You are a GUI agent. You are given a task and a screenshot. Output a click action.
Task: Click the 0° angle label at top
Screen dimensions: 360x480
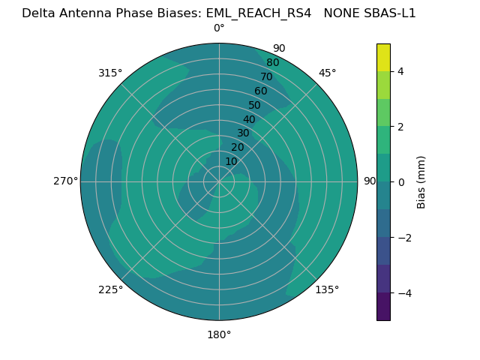pyautogui.click(x=219, y=28)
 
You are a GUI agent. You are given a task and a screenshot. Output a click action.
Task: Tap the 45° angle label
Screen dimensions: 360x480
pyautogui.click(x=327, y=73)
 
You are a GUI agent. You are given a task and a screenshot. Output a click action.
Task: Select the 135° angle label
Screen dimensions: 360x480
pyautogui.click(x=327, y=289)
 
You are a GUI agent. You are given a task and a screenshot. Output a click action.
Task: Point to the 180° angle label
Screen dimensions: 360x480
pyautogui.click(x=219, y=334)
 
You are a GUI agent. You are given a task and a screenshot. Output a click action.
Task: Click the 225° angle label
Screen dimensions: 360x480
pyautogui.click(x=110, y=289)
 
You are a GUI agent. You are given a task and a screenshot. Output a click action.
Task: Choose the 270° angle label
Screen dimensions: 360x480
pyautogui.click(x=65, y=181)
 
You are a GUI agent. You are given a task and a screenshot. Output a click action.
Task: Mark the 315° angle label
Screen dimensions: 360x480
pyautogui.click(x=110, y=73)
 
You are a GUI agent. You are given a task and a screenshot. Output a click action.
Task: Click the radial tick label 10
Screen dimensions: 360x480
pyautogui.click(x=231, y=161)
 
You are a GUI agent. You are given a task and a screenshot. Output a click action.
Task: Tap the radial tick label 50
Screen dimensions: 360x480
pyautogui.click(x=255, y=106)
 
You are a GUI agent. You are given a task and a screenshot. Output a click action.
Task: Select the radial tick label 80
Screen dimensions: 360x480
pyautogui.click(x=273, y=63)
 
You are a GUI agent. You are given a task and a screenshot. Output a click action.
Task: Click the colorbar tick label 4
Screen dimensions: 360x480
pyautogui.click(x=401, y=71)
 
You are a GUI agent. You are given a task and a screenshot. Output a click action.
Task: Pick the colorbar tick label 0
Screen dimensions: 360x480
pyautogui.click(x=401, y=182)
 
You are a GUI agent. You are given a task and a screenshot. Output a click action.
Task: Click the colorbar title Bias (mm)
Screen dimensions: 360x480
pyautogui.click(x=421, y=182)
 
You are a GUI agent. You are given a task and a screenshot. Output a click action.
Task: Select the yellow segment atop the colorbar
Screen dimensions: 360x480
pyautogui.click(x=383, y=57)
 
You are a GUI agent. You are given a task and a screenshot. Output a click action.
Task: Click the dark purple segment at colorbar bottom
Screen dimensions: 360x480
pyautogui.click(x=383, y=307)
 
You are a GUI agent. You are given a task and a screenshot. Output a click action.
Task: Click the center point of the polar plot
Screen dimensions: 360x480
pyautogui.click(x=219, y=181)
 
